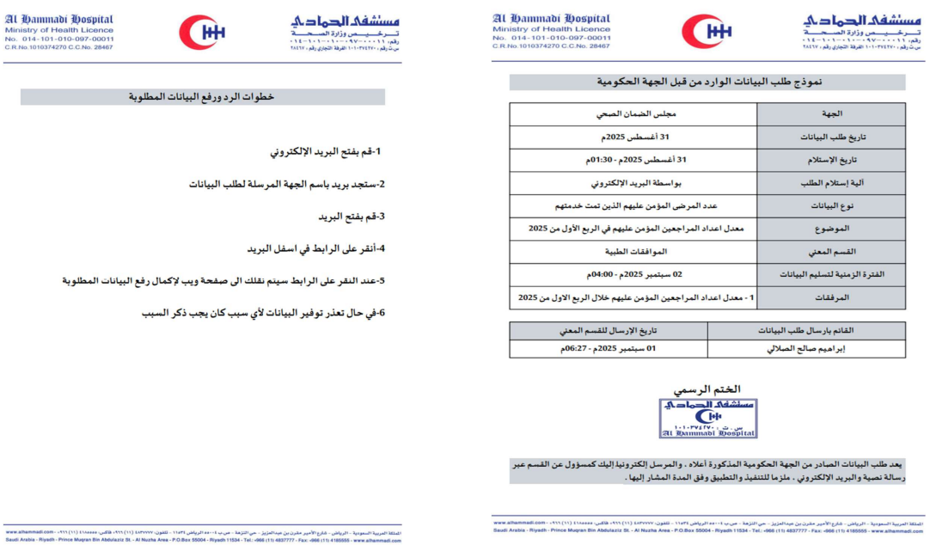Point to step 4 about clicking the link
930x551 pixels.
pyautogui.click(x=315, y=248)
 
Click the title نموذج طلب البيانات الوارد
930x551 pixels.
pyautogui.click(x=707, y=82)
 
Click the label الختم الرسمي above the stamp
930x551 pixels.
pyautogui.click(x=707, y=389)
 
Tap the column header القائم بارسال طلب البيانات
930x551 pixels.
pyautogui.click(x=807, y=330)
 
